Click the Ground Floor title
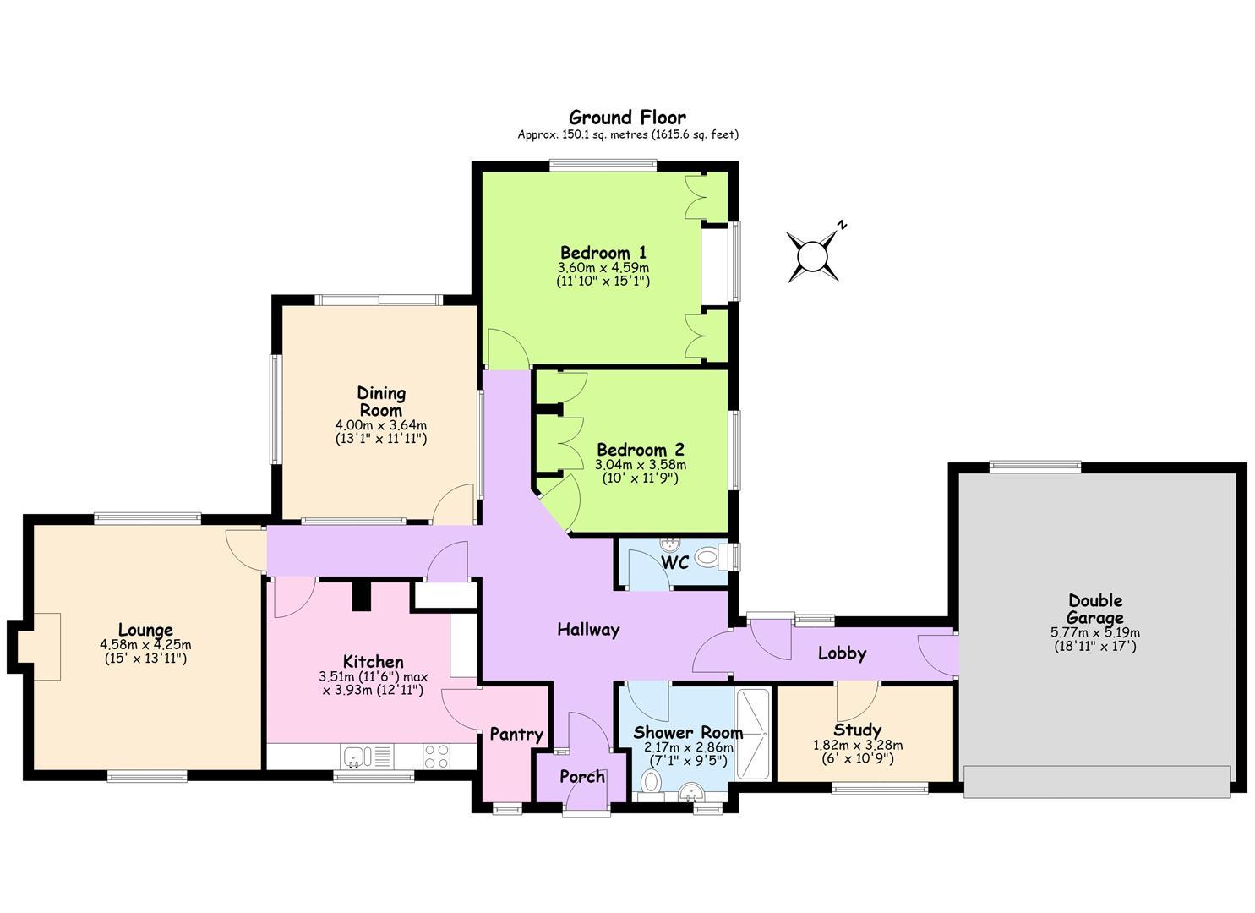(x=627, y=118)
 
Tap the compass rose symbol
(x=812, y=257)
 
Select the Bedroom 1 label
(x=603, y=252)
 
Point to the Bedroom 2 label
(x=641, y=450)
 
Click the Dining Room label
(x=381, y=402)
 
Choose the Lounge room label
(x=145, y=630)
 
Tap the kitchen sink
(x=355, y=757)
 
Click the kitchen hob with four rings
(x=435, y=756)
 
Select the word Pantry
(x=516, y=735)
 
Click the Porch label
(x=582, y=776)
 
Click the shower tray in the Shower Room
(x=754, y=734)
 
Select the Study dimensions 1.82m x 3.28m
(x=858, y=746)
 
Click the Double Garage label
(x=1094, y=609)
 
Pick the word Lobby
(x=842, y=653)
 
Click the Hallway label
(x=588, y=630)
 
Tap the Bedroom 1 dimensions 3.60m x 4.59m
(x=603, y=268)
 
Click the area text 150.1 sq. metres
(x=582, y=134)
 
